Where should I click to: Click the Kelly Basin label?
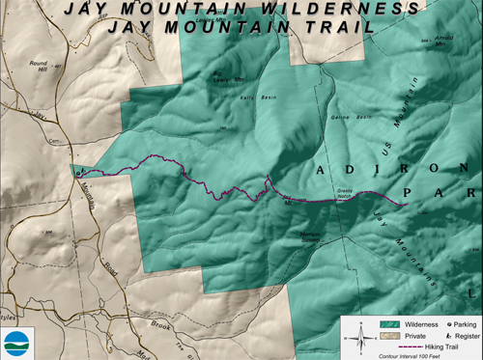click(x=251, y=97)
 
